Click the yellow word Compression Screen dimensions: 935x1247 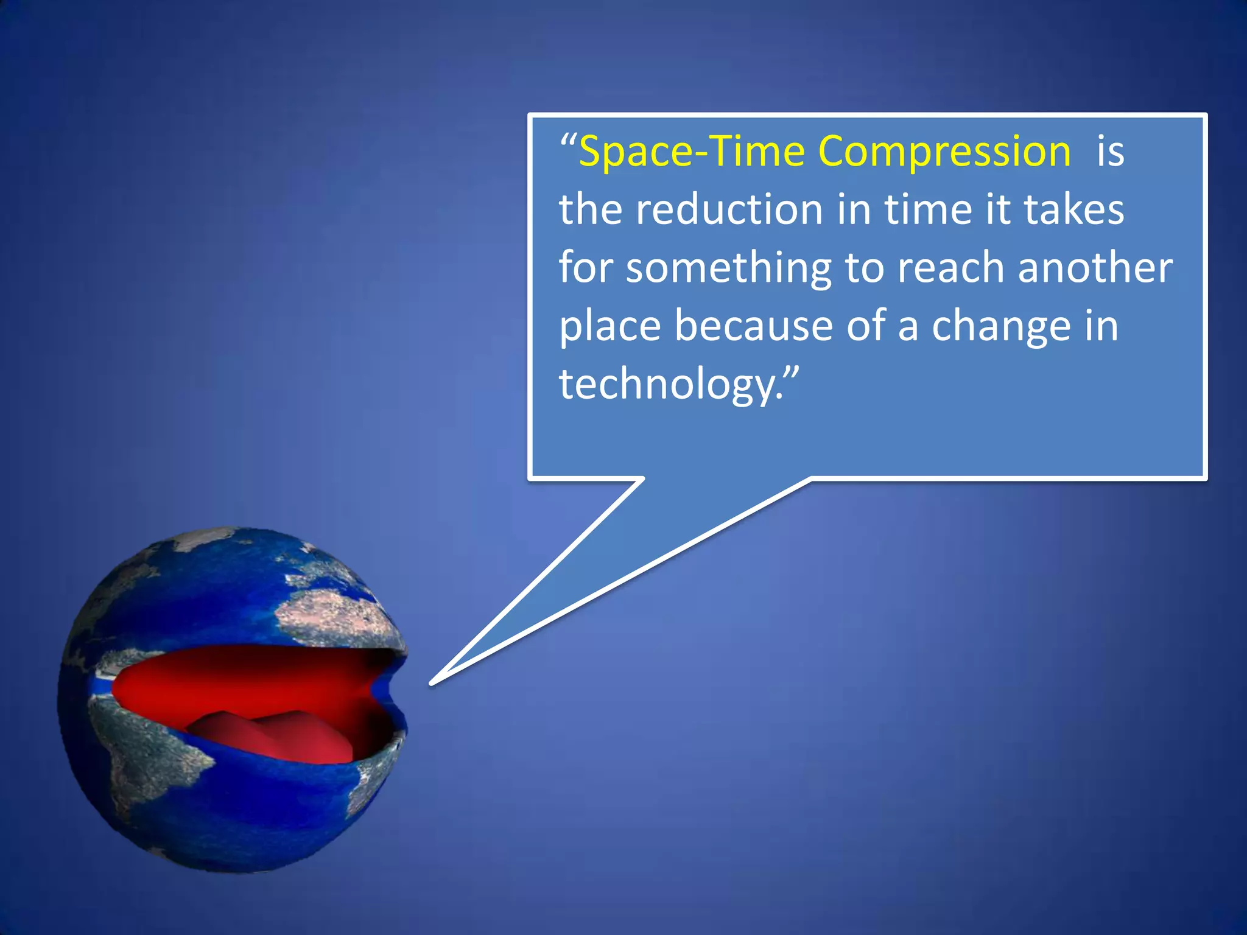coord(944,152)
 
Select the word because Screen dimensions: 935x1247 coord(753,326)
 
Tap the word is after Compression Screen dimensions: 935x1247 coord(1110,152)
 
